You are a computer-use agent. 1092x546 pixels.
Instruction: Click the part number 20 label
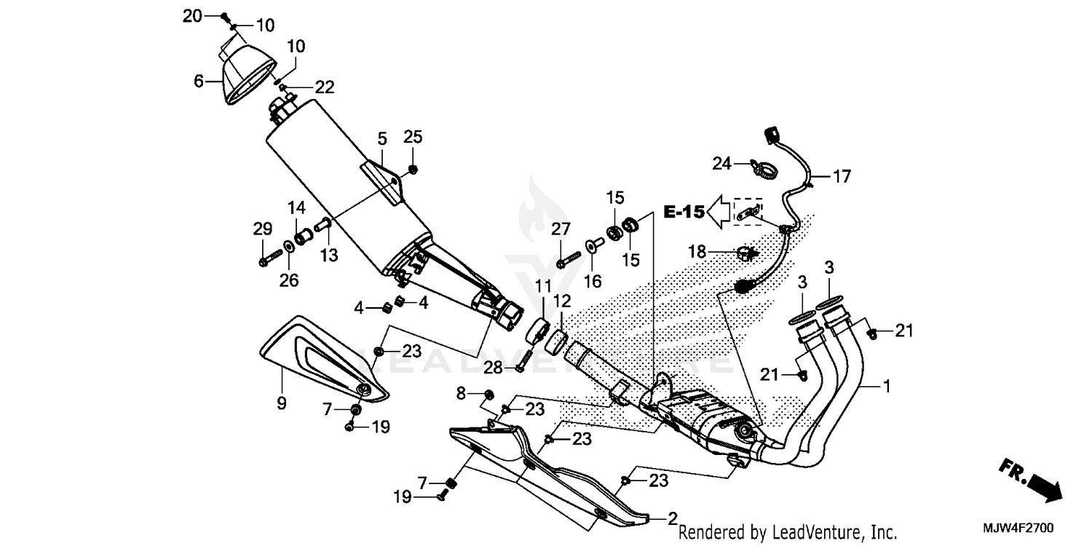tap(191, 16)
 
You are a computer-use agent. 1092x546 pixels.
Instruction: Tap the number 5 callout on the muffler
tap(381, 138)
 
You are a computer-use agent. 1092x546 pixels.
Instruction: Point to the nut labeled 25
tap(413, 170)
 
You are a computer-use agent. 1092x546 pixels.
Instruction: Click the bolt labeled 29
tap(270, 257)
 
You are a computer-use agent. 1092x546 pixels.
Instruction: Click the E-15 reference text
tap(684, 212)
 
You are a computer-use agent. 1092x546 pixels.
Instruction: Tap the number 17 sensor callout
tap(842, 176)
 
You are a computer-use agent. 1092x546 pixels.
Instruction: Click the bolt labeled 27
tap(569, 258)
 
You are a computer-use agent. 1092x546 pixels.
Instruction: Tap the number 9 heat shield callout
tap(282, 402)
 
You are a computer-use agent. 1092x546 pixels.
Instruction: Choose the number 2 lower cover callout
tap(673, 518)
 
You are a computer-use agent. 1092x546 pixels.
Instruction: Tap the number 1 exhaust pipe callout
tap(886, 386)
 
